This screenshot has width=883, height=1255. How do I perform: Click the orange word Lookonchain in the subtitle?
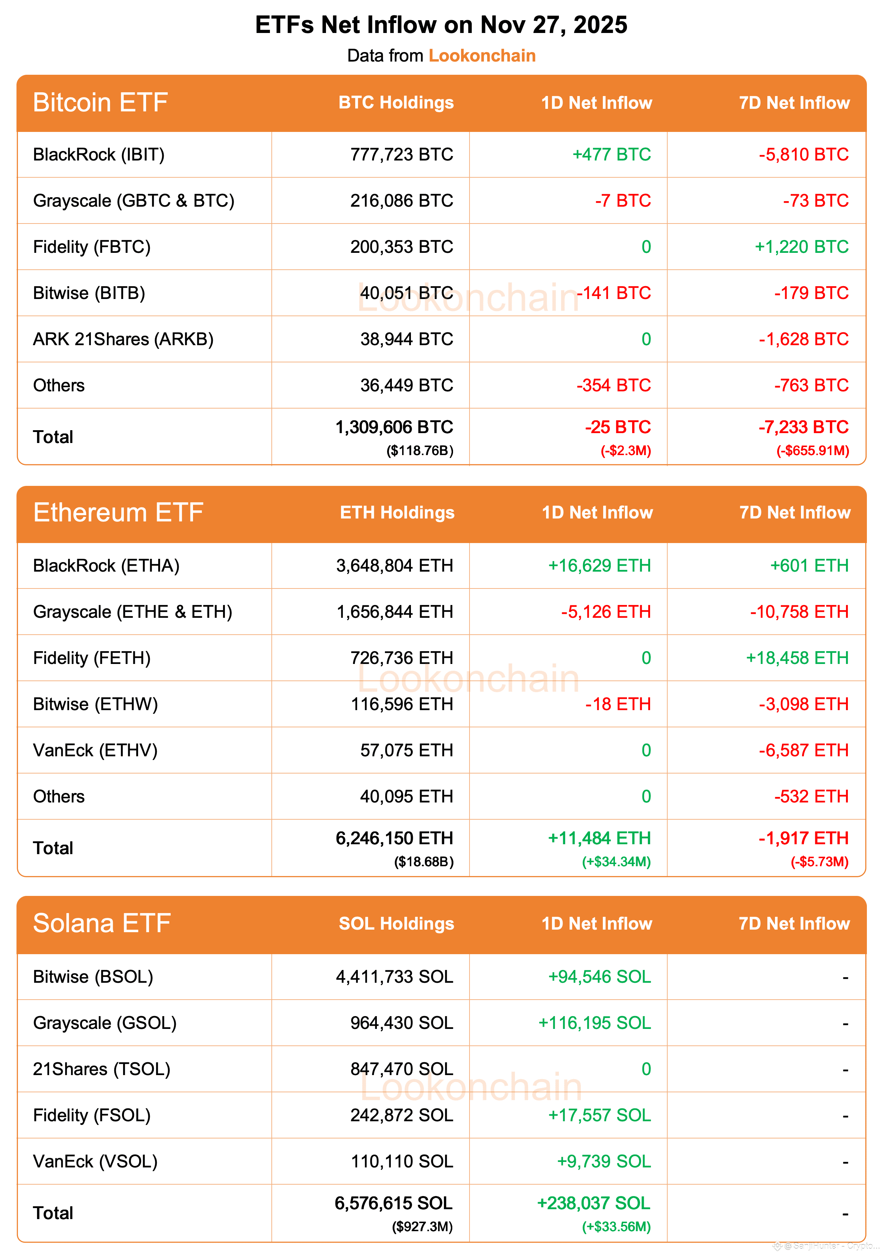pyautogui.click(x=482, y=56)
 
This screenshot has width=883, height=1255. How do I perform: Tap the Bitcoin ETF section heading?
pyautogui.click(x=101, y=103)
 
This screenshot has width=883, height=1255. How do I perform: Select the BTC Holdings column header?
pyautogui.click(x=396, y=103)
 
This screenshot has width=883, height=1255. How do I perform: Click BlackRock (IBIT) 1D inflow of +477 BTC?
pyautogui.click(x=611, y=155)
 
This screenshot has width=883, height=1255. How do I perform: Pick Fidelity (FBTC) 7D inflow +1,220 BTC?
pyautogui.click(x=802, y=247)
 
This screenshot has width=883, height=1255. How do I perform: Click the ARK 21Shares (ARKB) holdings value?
pyautogui.click(x=407, y=339)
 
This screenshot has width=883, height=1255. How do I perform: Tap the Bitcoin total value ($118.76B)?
pyautogui.click(x=420, y=451)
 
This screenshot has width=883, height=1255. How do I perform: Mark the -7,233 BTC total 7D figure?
pyautogui.click(x=803, y=427)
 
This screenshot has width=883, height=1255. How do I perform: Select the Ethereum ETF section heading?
pyautogui.click(x=118, y=513)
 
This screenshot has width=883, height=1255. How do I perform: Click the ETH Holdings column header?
pyautogui.click(x=397, y=513)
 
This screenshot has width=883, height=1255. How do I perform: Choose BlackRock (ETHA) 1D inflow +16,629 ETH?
pyautogui.click(x=600, y=566)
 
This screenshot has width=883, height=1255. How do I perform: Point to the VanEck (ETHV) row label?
pyautogui.click(x=95, y=750)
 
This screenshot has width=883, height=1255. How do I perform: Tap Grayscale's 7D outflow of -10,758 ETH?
pyautogui.click(x=799, y=612)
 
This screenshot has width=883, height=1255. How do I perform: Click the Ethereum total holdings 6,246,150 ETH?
pyautogui.click(x=394, y=838)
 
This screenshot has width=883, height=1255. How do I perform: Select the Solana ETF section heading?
pyautogui.click(x=102, y=924)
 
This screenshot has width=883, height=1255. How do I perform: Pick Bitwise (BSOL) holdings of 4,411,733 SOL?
pyautogui.click(x=394, y=977)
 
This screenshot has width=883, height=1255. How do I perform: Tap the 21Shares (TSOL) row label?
pyautogui.click(x=102, y=1069)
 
